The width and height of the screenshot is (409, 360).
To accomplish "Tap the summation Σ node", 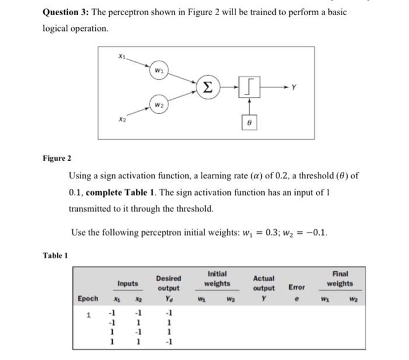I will click(208, 86).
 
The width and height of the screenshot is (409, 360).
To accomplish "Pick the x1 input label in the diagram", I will click(121, 56).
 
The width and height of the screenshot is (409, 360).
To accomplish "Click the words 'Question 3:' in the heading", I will click(65, 12).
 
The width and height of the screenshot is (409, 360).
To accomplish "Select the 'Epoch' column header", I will click(88, 298).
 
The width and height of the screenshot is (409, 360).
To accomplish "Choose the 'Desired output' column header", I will click(168, 283).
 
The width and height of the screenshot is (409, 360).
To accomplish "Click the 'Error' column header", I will click(296, 288).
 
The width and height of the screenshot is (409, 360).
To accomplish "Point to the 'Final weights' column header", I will click(339, 278).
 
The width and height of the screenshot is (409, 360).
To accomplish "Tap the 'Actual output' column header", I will click(264, 283).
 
